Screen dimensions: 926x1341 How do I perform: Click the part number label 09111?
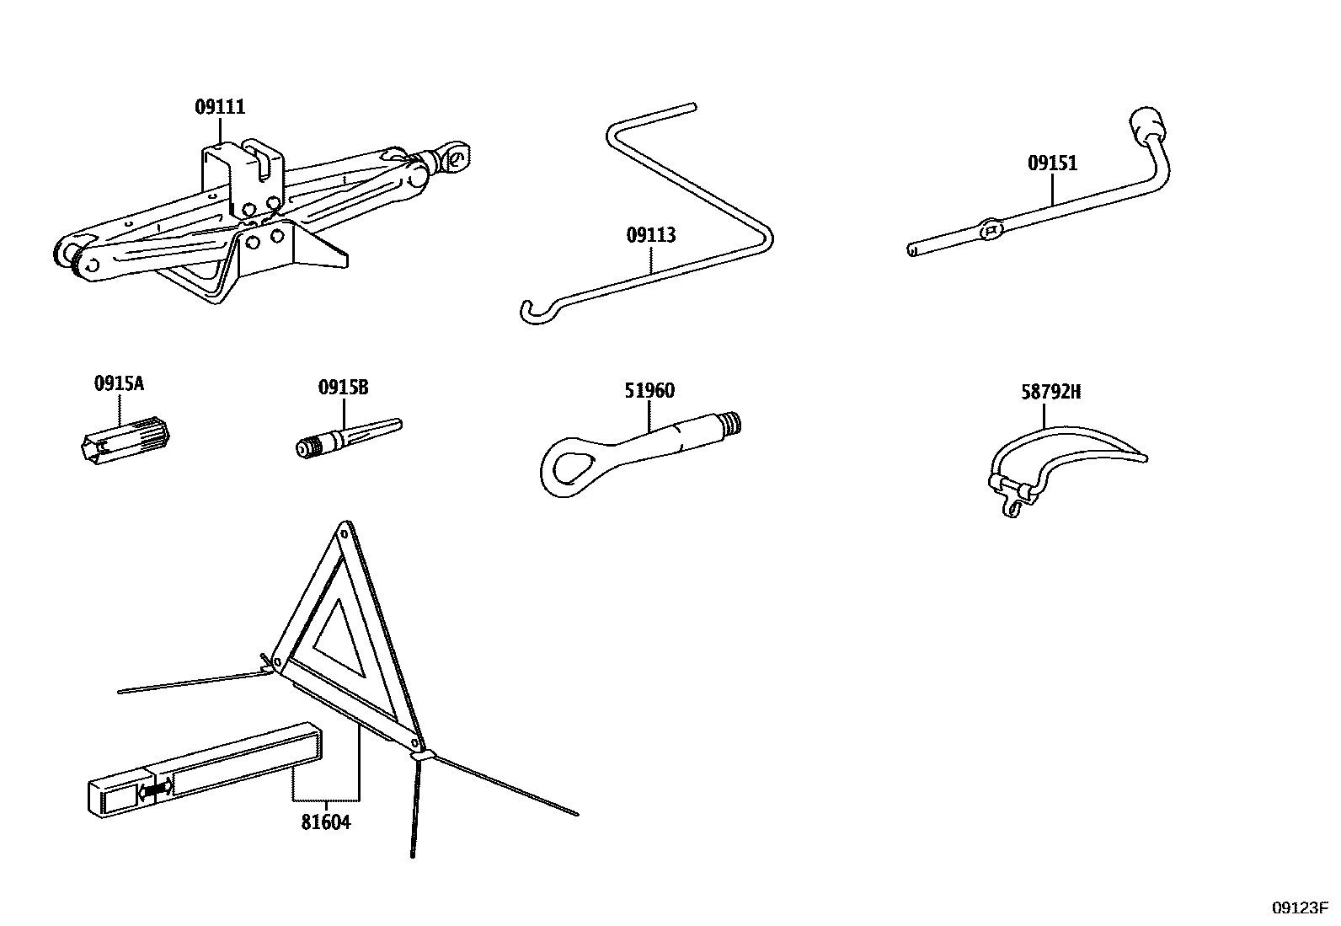click(x=220, y=107)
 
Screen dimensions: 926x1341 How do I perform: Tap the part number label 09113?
click(x=650, y=235)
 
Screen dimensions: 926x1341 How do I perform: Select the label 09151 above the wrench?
click(x=1052, y=163)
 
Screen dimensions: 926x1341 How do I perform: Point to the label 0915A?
click(x=119, y=384)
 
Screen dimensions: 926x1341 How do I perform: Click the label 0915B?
click(x=343, y=388)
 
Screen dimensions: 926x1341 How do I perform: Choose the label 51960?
click(x=649, y=391)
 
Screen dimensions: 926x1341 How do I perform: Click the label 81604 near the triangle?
click(x=325, y=822)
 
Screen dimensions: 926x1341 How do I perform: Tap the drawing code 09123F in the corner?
click(x=1299, y=907)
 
